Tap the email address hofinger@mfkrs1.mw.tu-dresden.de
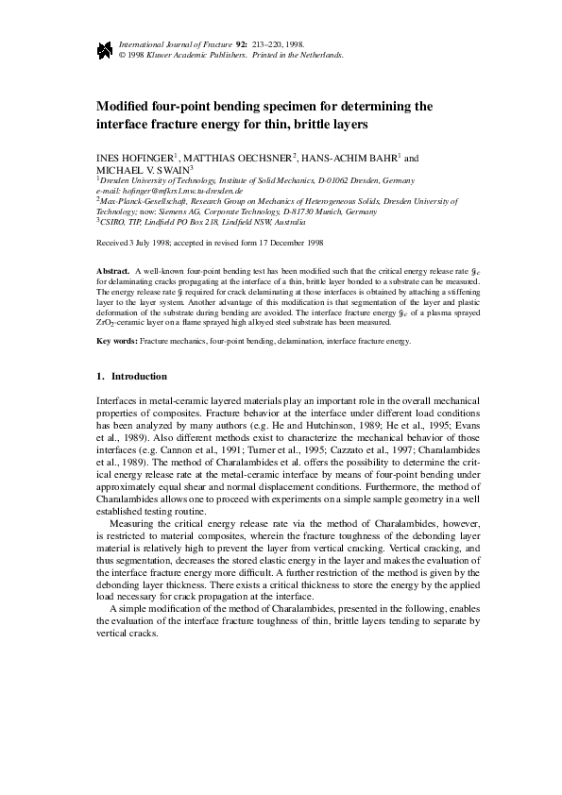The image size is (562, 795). pos(179,191)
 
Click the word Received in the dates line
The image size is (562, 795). pos(115,243)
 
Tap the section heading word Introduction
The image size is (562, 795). pos(140,376)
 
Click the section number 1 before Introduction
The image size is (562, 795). pos(100,376)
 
